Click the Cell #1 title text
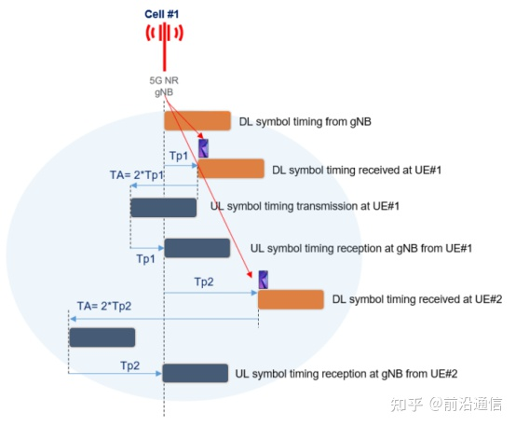pyautogui.click(x=161, y=14)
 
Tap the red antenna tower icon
pyautogui.click(x=165, y=45)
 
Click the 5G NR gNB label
pyautogui.click(x=164, y=87)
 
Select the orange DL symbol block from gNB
pyautogui.click(x=197, y=120)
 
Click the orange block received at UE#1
pyautogui.click(x=231, y=169)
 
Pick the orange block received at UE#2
pyautogui.click(x=291, y=299)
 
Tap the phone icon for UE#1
pyautogui.click(x=204, y=148)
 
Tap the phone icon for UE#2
pyautogui.click(x=264, y=280)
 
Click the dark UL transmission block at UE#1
pyautogui.click(x=164, y=208)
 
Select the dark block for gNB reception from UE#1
pyautogui.click(x=197, y=248)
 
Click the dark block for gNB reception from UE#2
pyautogui.click(x=196, y=373)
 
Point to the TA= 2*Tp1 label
pyautogui.click(x=137, y=175)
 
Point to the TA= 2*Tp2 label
pyautogui.click(x=104, y=306)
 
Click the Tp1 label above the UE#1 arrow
pyautogui.click(x=179, y=156)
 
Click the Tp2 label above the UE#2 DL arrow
pyautogui.click(x=204, y=282)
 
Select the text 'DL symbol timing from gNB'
pyautogui.click(x=306, y=122)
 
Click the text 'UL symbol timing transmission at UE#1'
pyautogui.click(x=305, y=206)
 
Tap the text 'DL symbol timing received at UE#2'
pyautogui.click(x=417, y=299)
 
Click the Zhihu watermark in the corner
pyautogui.click(x=446, y=405)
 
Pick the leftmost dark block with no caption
pyautogui.click(x=102, y=337)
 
